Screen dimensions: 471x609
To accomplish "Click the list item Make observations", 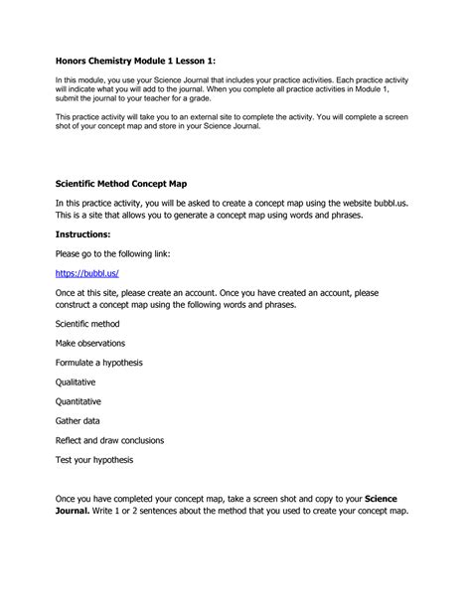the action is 95,344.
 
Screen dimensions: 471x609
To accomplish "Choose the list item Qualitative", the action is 77,381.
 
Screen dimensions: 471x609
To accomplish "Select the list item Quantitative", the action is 79,401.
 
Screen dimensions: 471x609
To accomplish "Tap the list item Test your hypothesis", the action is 94,460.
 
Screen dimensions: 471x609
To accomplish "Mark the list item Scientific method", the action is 91,324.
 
